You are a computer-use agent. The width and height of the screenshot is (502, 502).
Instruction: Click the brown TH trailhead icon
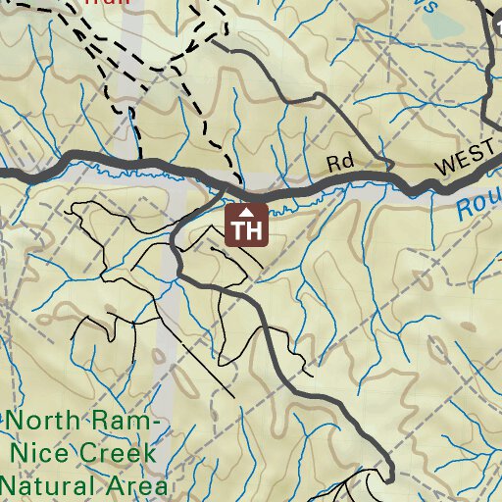[x=247, y=225]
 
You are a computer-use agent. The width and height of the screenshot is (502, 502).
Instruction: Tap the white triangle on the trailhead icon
[x=247, y=211]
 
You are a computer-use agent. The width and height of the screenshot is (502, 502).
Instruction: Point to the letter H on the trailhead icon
[x=255, y=231]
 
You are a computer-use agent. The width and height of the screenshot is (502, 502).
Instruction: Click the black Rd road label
[x=340, y=164]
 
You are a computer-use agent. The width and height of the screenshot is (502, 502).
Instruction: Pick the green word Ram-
[x=125, y=423]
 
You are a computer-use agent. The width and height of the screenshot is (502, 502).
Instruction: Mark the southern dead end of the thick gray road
[x=389, y=480]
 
